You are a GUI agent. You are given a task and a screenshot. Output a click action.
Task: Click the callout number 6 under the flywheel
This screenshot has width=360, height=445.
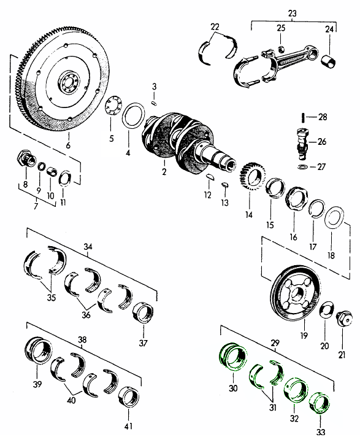(x=68, y=145)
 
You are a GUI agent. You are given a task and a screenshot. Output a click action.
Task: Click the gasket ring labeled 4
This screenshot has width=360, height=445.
(x=134, y=116)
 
